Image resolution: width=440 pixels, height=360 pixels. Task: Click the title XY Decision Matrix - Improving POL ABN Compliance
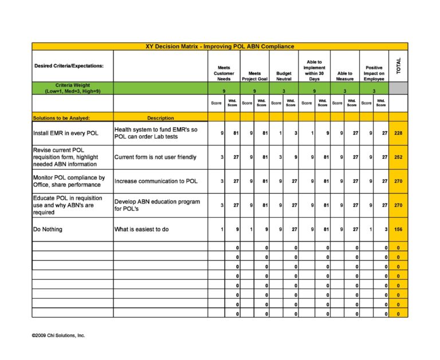pyautogui.click(x=221, y=46)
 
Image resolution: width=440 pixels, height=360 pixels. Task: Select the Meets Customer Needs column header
pyautogui.click(x=223, y=73)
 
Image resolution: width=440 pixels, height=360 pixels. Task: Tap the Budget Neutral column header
pyautogui.click(x=284, y=76)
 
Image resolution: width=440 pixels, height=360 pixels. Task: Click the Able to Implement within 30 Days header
pyautogui.click(x=314, y=70)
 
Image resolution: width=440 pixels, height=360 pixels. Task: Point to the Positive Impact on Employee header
pyautogui.click(x=374, y=73)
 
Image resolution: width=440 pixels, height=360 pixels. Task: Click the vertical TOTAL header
pyautogui.click(x=398, y=65)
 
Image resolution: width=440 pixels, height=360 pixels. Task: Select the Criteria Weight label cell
pyautogui.click(x=72, y=88)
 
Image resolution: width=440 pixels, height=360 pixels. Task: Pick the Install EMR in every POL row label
pyautogui.click(x=66, y=133)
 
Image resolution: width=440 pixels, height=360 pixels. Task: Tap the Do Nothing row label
pyautogui.click(x=48, y=229)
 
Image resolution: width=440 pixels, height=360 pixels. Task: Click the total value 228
pyautogui.click(x=398, y=133)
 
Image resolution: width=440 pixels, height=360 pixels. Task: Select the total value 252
pyautogui.click(x=398, y=157)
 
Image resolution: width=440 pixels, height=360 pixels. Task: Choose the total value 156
pyautogui.click(x=398, y=229)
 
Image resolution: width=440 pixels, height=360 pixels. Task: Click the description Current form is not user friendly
pyautogui.click(x=155, y=157)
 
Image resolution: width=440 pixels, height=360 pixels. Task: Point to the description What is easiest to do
pyautogui.click(x=142, y=229)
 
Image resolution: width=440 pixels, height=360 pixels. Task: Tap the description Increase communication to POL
pyautogui.click(x=156, y=181)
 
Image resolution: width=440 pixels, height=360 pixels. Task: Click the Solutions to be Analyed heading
pyautogui.click(x=62, y=118)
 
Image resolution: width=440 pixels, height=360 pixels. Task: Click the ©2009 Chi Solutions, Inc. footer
pyautogui.click(x=58, y=335)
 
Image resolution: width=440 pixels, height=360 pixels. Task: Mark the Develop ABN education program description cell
pyautogui.click(x=157, y=205)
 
